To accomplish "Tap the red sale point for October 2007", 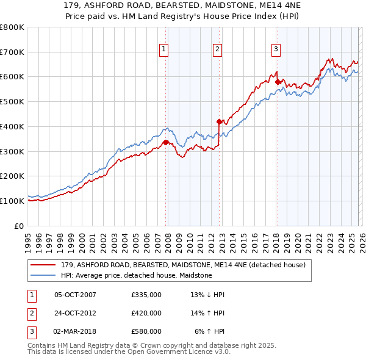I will tap(165, 142).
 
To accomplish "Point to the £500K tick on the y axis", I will tap(12, 102).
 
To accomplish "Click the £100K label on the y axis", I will tap(12, 201).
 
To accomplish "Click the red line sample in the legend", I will tap(45, 265).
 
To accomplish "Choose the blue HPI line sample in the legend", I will tap(45, 275).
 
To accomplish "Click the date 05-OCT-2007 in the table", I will tap(75, 295).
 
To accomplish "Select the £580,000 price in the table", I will tap(146, 331).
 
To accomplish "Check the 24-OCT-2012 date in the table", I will tap(75, 313).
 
